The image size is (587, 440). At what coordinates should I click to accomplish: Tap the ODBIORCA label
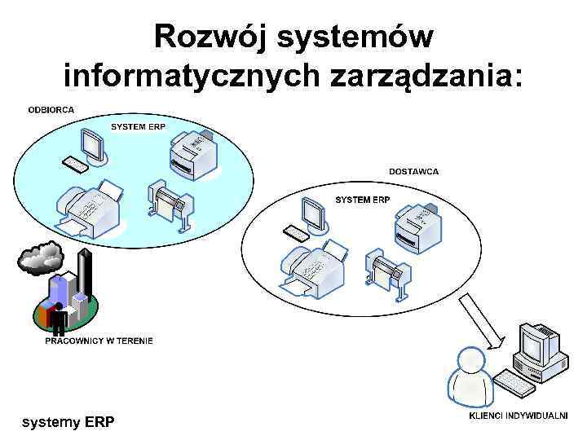click(x=51, y=110)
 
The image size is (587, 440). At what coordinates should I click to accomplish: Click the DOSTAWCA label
click(x=413, y=172)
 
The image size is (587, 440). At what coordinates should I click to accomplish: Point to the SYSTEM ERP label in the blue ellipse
click(x=138, y=126)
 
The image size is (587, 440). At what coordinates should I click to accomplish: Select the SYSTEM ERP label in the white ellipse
click(x=363, y=200)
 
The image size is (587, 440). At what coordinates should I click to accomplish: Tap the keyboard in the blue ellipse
click(x=76, y=165)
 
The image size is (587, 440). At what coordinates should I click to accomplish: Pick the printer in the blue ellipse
click(x=194, y=152)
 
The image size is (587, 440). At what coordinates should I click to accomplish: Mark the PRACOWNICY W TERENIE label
click(x=99, y=341)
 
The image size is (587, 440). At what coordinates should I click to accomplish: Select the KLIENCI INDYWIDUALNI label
click(x=517, y=416)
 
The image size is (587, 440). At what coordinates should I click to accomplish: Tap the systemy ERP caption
click(x=68, y=422)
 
